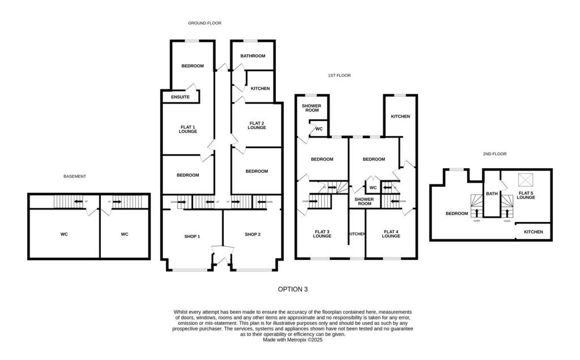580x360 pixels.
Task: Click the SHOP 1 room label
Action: click(192, 236)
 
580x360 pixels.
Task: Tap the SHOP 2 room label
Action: click(253, 234)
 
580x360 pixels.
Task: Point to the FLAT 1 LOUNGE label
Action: click(187, 129)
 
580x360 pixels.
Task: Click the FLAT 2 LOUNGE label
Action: click(257, 126)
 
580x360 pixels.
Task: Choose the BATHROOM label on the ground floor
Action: click(253, 56)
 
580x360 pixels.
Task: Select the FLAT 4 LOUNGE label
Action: click(391, 234)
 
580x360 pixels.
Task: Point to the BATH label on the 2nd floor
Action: click(492, 194)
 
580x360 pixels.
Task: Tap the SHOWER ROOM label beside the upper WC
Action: click(312, 108)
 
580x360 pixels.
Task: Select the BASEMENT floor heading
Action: click(75, 177)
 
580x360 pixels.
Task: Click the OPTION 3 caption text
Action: click(293, 289)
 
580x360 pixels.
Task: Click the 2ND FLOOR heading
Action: click(494, 154)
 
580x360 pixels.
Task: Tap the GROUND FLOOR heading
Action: click(204, 23)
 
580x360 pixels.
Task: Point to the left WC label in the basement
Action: click(65, 234)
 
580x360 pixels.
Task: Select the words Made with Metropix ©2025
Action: click(293, 340)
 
